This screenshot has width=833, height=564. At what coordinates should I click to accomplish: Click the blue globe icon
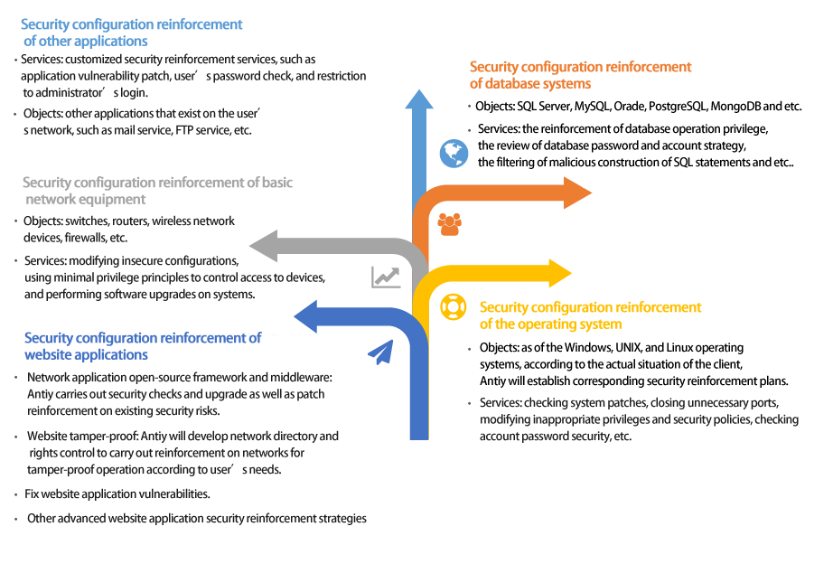[x=454, y=154]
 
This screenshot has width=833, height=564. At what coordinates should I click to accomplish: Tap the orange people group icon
[x=449, y=224]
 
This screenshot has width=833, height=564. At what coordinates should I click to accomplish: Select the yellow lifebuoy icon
[x=454, y=306]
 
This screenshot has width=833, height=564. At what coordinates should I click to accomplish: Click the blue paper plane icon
[x=381, y=352]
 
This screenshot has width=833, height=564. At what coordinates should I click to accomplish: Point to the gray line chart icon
[x=386, y=277]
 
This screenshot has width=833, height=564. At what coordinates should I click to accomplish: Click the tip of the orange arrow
[x=592, y=193]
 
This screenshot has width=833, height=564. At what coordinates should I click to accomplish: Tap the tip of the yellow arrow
[x=572, y=273]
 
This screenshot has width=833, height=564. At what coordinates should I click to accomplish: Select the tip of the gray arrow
[x=249, y=246]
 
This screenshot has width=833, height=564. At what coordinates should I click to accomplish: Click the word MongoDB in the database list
[x=735, y=107]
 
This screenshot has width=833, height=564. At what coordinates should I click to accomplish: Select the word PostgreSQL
[x=678, y=107]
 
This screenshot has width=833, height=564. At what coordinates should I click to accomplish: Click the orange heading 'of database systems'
[x=530, y=84]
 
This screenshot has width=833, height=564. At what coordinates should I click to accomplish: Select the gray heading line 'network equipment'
[x=86, y=200]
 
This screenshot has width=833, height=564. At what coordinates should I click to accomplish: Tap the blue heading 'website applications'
[x=86, y=355]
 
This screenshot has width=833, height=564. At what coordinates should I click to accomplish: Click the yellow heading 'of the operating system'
[x=550, y=324]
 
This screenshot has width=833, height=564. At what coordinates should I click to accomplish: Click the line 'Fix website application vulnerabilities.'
[x=117, y=494]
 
